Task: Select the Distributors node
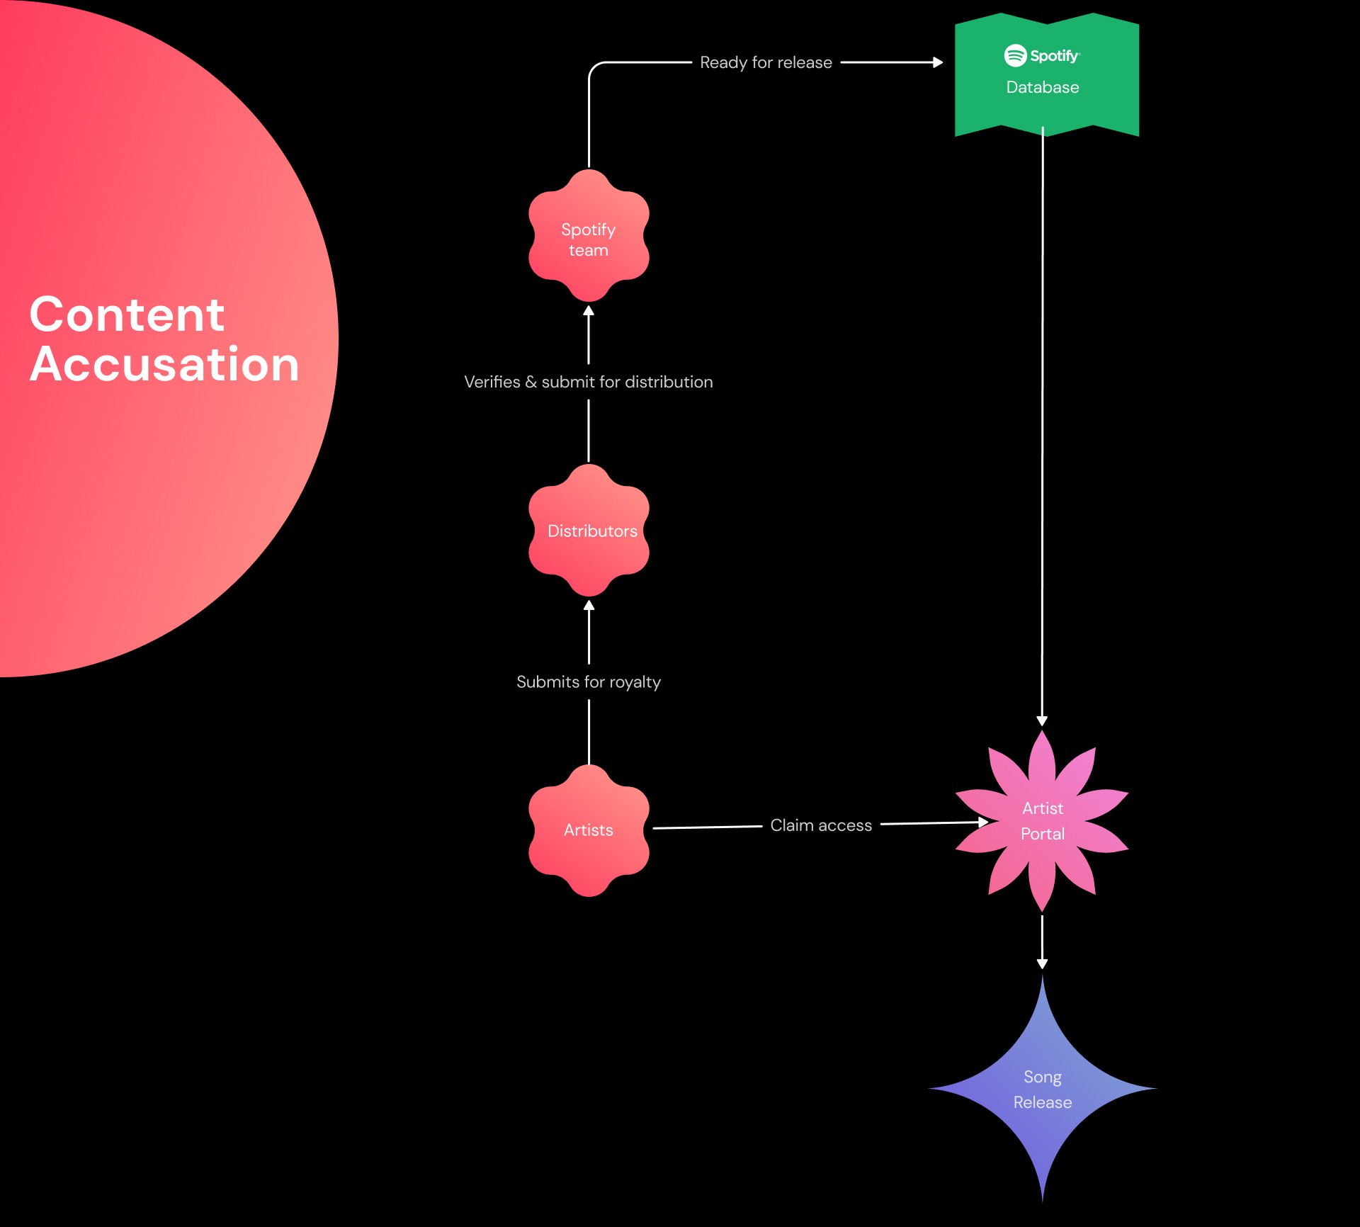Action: (x=589, y=531)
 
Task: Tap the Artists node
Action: (x=589, y=830)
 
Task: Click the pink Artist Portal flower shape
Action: (x=1042, y=821)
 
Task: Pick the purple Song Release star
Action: (x=1042, y=1089)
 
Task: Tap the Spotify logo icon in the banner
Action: (x=1015, y=55)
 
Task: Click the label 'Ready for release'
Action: (x=766, y=62)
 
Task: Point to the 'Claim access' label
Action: (x=821, y=825)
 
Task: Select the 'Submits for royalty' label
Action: (x=589, y=682)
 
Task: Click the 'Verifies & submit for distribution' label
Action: (x=589, y=382)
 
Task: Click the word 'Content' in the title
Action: (x=127, y=315)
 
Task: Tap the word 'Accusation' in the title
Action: (x=165, y=364)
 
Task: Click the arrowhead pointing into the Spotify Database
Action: (x=938, y=62)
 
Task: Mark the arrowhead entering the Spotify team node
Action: (x=589, y=311)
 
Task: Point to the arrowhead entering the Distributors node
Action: (x=589, y=606)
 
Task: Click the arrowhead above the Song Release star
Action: (x=1042, y=963)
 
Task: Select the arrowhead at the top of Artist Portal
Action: (x=1042, y=720)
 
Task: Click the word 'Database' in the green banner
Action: (x=1043, y=87)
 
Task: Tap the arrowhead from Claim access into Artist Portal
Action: (x=983, y=822)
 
